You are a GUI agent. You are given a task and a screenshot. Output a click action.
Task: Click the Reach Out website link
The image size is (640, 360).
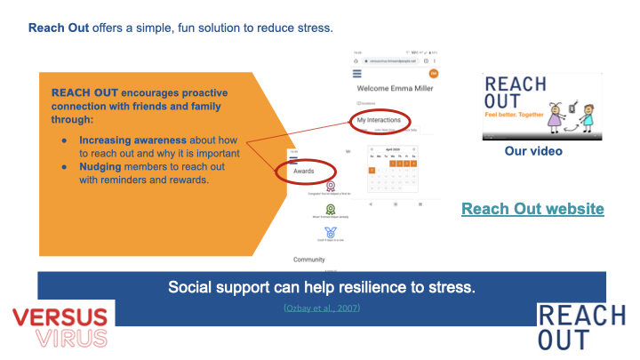pyautogui.click(x=532, y=209)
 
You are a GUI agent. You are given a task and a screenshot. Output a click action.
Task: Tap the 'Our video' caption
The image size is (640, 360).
pyautogui.click(x=533, y=152)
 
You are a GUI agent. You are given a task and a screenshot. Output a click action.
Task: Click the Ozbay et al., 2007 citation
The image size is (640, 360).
pyautogui.click(x=322, y=308)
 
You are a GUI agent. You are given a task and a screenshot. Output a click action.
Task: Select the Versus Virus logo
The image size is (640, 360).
pyautogui.click(x=60, y=326)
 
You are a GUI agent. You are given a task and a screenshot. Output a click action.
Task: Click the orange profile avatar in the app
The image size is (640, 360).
pyautogui.click(x=434, y=74)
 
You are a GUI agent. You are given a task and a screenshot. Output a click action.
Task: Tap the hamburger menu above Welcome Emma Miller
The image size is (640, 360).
pyautogui.click(x=357, y=74)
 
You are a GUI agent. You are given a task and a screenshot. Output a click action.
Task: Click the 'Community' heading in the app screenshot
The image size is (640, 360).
pyautogui.click(x=308, y=260)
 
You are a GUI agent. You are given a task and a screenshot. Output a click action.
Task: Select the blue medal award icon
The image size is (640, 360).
pyautogui.click(x=331, y=233)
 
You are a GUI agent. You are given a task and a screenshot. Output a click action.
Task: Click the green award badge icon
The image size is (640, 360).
pyautogui.click(x=331, y=210)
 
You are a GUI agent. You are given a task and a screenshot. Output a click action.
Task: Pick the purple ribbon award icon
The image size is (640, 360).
pyautogui.click(x=331, y=188)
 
